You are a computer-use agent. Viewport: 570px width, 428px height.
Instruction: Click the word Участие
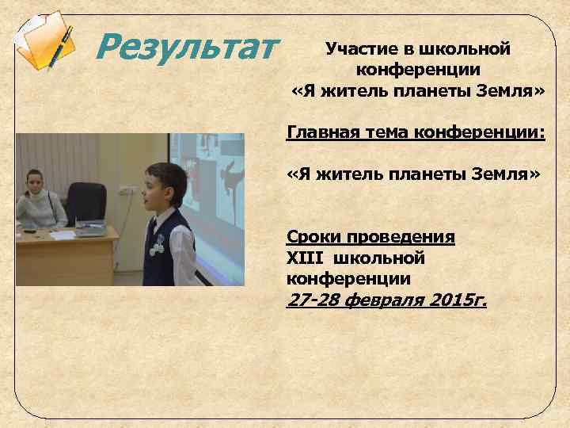(356, 49)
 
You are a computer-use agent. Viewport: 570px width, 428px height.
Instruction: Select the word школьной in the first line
(459, 49)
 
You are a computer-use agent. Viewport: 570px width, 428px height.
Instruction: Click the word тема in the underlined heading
(387, 130)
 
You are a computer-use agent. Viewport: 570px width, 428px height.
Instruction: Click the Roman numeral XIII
(306, 258)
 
